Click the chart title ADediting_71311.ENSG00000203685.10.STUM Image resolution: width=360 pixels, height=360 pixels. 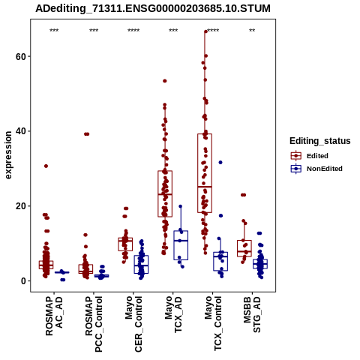tap(153, 8)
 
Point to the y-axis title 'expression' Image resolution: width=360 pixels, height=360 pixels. tap(8, 155)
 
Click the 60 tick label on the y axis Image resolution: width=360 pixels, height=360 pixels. tap(21, 56)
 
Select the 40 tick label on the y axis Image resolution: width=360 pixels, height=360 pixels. tap(21, 131)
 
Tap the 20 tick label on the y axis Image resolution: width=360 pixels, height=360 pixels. tap(21, 206)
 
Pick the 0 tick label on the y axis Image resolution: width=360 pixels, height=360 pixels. tap(23, 281)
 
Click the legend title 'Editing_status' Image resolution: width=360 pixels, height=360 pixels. tap(320, 141)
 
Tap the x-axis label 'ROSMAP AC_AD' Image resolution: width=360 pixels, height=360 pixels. tap(54, 316)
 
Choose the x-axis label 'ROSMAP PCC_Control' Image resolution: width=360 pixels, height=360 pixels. tap(94, 324)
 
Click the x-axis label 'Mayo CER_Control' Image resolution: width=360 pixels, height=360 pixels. tap(133, 324)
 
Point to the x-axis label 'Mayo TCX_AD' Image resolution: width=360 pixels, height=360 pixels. tap(173, 314)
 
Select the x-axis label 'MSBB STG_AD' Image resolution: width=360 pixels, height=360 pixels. tap(252, 314)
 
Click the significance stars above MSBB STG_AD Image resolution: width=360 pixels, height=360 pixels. tap(252, 31)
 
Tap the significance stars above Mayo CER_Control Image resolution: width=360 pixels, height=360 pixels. tap(133, 31)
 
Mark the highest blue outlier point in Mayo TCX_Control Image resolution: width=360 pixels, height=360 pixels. tap(220, 163)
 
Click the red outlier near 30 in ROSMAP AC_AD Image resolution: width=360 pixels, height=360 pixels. tap(46, 166)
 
